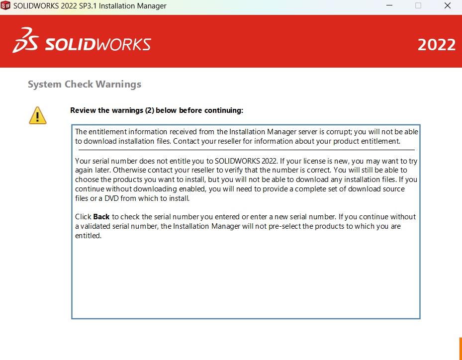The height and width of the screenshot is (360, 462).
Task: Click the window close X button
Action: click(447, 6)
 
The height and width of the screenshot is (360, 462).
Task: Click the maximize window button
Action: click(418, 6)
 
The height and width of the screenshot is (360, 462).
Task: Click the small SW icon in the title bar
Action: click(5, 6)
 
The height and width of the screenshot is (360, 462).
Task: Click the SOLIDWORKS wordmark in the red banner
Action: click(98, 45)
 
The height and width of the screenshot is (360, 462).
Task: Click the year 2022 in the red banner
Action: click(436, 45)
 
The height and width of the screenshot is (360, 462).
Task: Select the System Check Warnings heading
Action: click(85, 84)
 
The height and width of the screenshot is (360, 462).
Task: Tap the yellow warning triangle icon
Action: click(38, 115)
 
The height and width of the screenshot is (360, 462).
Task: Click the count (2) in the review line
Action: click(149, 110)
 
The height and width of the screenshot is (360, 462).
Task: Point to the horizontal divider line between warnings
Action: click(246, 150)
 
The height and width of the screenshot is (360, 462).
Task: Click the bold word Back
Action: click(101, 217)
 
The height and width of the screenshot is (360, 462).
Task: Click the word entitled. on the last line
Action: click(88, 236)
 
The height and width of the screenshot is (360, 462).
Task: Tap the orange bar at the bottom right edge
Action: click(460, 349)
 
